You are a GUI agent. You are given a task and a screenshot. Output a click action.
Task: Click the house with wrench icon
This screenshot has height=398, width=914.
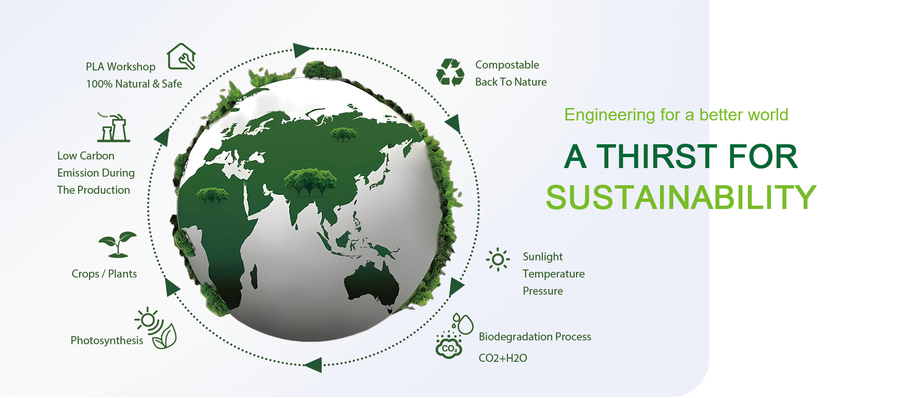pyautogui.click(x=181, y=57)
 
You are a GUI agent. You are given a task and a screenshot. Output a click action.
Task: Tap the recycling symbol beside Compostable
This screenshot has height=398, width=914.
pyautogui.click(x=450, y=72)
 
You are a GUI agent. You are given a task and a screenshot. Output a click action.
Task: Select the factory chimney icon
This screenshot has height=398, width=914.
pyautogui.click(x=113, y=127)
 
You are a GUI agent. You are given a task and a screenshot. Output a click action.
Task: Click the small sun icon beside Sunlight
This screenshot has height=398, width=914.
pyautogui.click(x=498, y=259)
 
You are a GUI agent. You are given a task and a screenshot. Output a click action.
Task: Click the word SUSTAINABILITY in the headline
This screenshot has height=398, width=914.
pyautogui.click(x=681, y=197)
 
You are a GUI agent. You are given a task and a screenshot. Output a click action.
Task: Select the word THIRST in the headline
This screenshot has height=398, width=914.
pyautogui.click(x=656, y=156)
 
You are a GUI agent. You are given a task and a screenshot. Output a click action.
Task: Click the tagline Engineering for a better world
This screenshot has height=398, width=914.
pyautogui.click(x=676, y=115)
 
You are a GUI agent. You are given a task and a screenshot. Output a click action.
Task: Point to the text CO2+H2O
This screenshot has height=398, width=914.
pyautogui.click(x=503, y=358)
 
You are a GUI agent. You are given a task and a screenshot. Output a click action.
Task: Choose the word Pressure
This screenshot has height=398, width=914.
pyautogui.click(x=543, y=291)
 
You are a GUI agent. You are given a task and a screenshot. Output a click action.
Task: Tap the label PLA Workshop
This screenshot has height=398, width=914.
pyautogui.click(x=120, y=67)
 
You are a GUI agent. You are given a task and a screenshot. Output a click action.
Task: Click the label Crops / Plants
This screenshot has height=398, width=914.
pyautogui.click(x=104, y=274)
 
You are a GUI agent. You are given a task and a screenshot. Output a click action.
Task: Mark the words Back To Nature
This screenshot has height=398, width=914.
pyautogui.click(x=511, y=82)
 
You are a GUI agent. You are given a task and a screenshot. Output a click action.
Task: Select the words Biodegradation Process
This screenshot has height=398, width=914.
pyautogui.click(x=535, y=337)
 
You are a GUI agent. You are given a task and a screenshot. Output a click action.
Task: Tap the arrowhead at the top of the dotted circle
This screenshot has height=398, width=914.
pyautogui.click(x=302, y=50)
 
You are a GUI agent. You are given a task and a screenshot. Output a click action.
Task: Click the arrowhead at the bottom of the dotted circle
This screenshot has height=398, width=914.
pyautogui.click(x=313, y=365)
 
